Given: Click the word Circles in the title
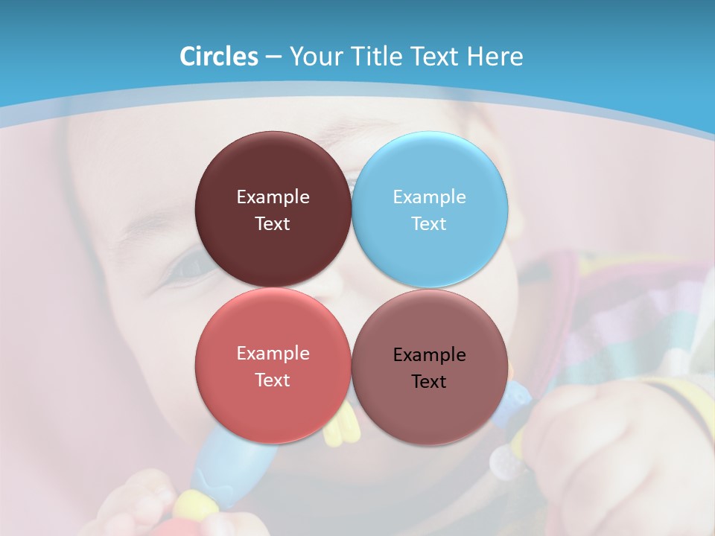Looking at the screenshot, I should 219,57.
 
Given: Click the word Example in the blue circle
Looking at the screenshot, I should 429,197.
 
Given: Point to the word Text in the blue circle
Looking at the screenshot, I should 429,224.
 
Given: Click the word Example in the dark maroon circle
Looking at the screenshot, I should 273,197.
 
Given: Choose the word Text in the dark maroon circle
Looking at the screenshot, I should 273,224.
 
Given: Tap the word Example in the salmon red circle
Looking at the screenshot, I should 273,354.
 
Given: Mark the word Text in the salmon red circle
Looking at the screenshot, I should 273,380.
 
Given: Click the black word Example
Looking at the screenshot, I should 429,355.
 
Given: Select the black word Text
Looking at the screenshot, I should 429,382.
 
